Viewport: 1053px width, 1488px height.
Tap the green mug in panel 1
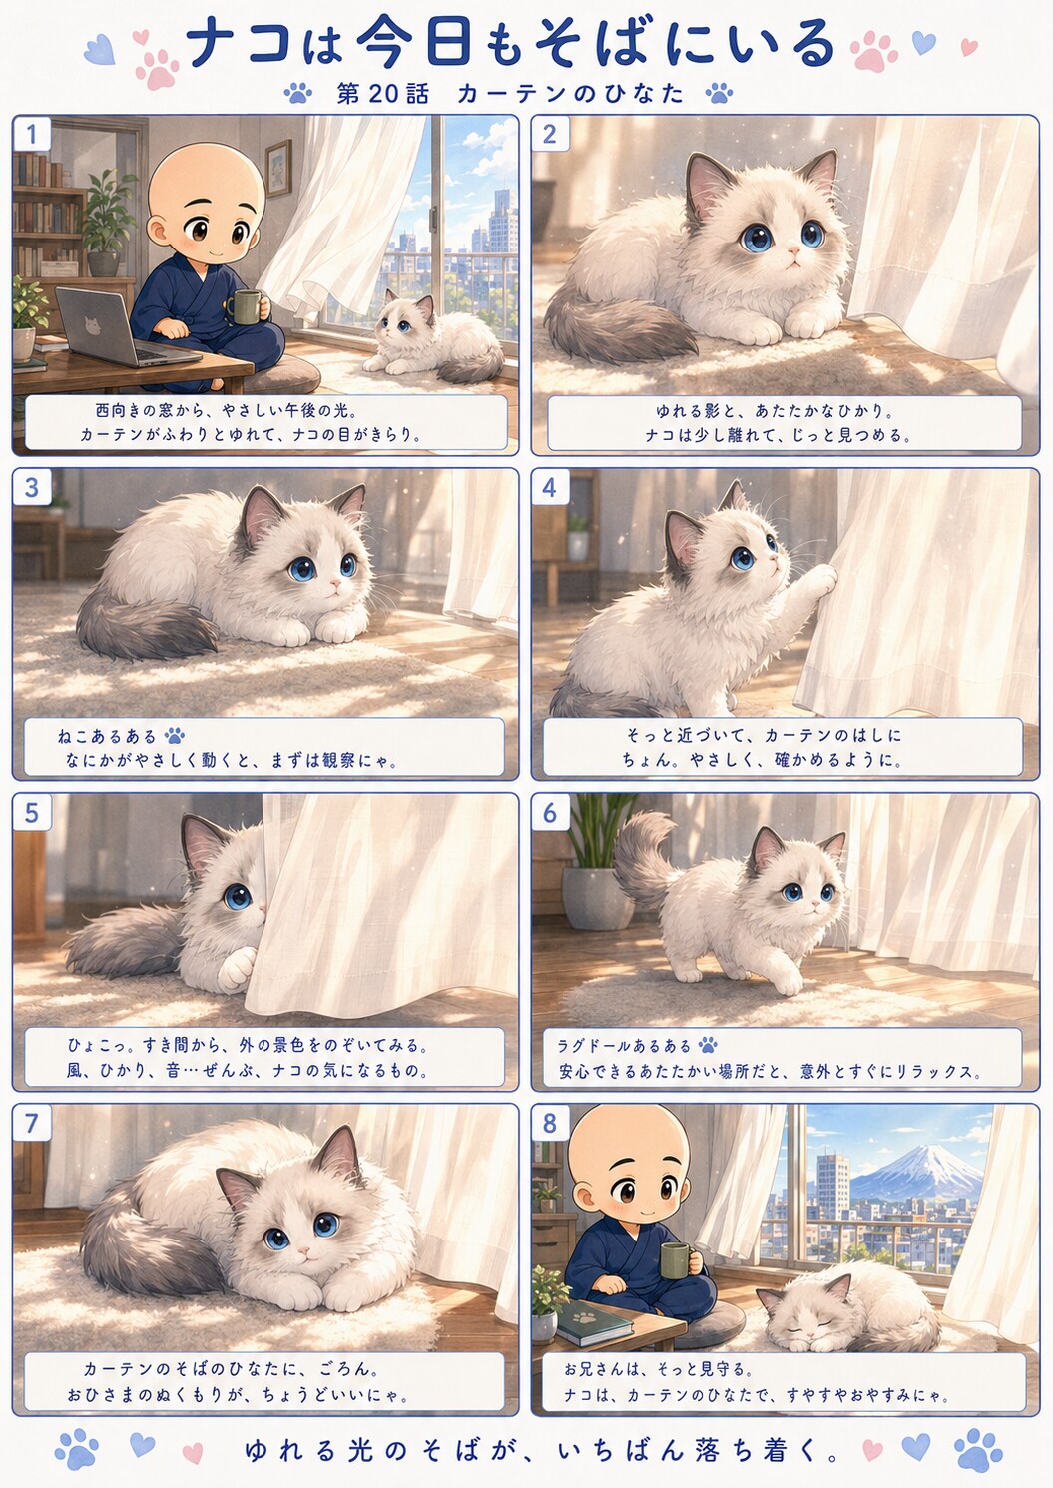tap(242, 306)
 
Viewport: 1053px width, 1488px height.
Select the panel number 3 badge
tap(31, 488)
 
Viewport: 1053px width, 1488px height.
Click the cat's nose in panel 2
tap(791, 252)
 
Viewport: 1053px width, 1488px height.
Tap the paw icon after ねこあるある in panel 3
tap(175, 735)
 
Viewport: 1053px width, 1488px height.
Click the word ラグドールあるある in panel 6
tap(625, 1046)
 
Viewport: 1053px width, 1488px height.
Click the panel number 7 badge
tap(31, 1124)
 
